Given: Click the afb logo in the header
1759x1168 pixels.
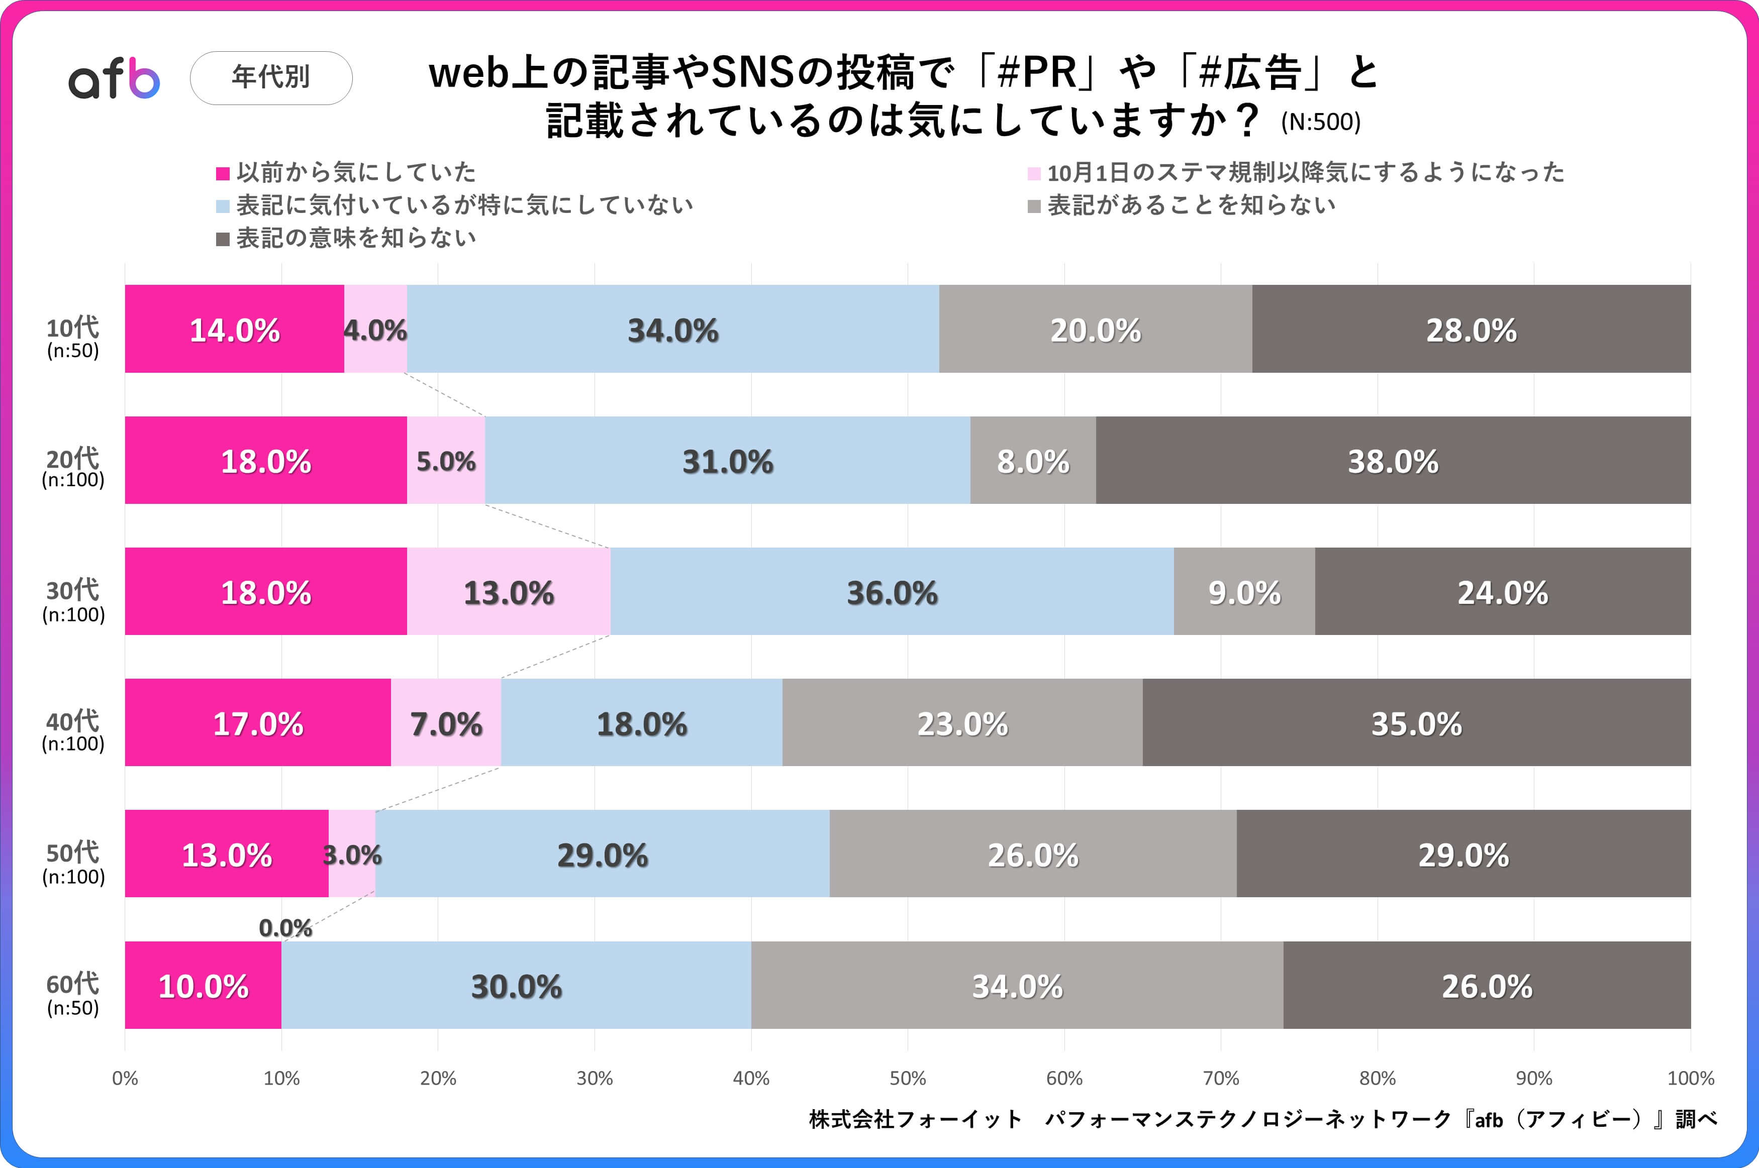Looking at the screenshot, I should (114, 78).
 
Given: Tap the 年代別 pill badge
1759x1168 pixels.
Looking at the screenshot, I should (271, 77).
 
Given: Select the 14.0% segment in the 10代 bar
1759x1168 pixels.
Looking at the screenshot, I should (235, 329).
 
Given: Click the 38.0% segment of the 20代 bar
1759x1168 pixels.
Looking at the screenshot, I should (1393, 461).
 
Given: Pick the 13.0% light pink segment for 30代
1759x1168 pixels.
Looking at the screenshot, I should (509, 592).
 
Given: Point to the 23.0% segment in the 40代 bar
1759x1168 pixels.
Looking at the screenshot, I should (962, 723).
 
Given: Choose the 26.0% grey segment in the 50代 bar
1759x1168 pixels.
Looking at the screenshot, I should (1033, 855).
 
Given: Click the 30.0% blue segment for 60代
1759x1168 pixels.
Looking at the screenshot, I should (516, 986).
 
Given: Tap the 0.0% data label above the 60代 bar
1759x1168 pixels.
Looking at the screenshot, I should (285, 927).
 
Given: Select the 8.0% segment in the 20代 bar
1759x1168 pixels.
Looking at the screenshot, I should (1033, 461).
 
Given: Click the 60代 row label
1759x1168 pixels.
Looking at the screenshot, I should (72, 993).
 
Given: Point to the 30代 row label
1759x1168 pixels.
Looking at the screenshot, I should (73, 600).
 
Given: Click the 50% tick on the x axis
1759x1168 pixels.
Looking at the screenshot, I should (908, 1078).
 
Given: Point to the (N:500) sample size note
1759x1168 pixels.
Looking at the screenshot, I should (1320, 122).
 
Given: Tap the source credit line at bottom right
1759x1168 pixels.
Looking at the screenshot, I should (1263, 1119).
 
